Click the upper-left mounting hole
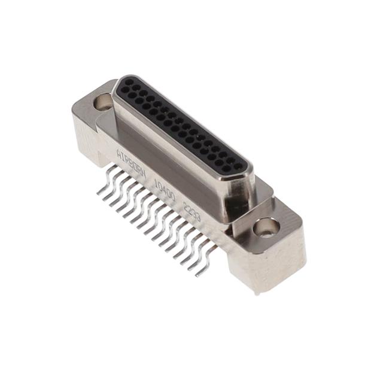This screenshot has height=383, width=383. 103,101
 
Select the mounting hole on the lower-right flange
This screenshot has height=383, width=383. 265,227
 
